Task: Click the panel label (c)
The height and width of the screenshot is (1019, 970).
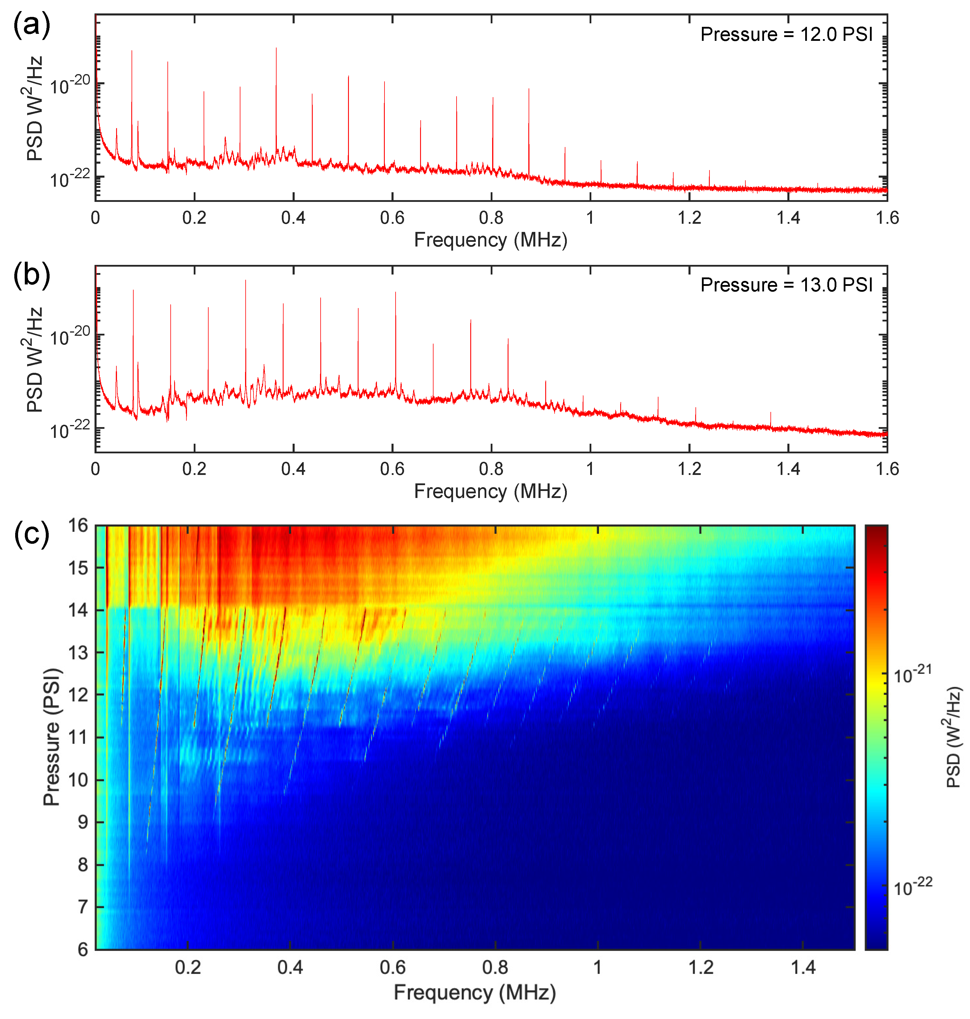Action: pyautogui.click(x=31, y=534)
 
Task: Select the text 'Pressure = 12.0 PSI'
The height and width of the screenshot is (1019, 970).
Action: pyautogui.click(x=786, y=35)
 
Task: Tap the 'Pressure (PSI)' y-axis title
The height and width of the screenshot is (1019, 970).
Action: pyautogui.click(x=52, y=736)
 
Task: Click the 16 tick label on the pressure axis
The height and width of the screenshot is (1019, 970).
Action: pyautogui.click(x=78, y=526)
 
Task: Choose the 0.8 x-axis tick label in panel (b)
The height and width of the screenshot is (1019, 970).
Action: pyautogui.click(x=491, y=469)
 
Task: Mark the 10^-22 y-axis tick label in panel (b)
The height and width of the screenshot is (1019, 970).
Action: pyautogui.click(x=70, y=429)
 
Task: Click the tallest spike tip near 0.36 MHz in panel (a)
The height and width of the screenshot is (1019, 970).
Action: pyautogui.click(x=276, y=48)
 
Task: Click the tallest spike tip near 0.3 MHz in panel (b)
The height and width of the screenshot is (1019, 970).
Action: pyautogui.click(x=246, y=281)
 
